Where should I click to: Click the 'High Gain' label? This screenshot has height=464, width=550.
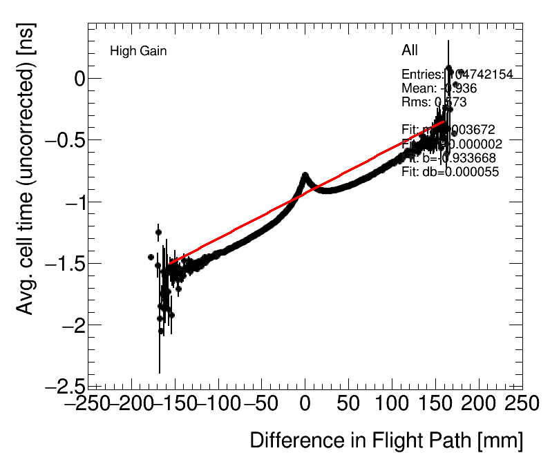[x=138, y=51]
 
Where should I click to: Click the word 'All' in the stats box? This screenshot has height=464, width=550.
[x=410, y=50]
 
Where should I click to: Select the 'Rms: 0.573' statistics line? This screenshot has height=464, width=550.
[x=434, y=102]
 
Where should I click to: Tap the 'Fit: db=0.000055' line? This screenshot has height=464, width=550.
[x=450, y=173]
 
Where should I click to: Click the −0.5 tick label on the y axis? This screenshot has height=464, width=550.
[x=65, y=140]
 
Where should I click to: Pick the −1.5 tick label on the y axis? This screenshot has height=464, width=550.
[x=65, y=263]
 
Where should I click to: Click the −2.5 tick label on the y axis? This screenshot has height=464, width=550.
[x=65, y=387]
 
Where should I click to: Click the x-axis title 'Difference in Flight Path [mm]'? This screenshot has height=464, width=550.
[x=386, y=441]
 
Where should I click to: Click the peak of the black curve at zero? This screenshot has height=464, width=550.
[x=305, y=175]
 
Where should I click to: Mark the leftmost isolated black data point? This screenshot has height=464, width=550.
[x=151, y=257]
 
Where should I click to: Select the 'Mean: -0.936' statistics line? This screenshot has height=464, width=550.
[x=439, y=88]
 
